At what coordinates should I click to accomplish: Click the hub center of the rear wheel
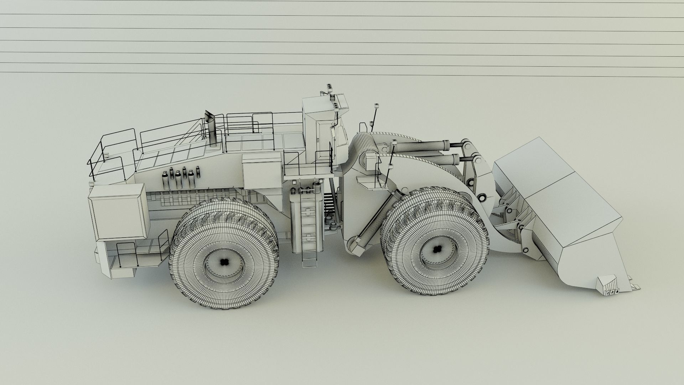coord(224,262)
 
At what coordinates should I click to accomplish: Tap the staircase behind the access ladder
coord(330,207)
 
